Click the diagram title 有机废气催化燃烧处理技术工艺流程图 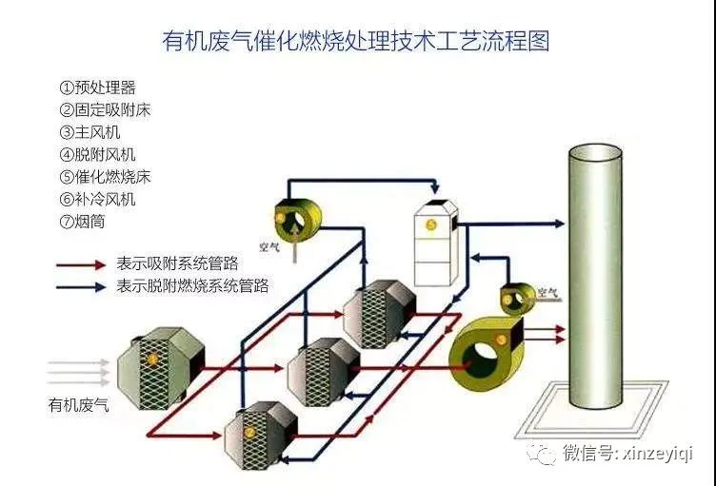(x=357, y=41)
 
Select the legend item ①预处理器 (x=97, y=87)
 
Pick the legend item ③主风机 (x=90, y=132)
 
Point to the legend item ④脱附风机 (x=97, y=154)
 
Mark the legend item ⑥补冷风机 (x=97, y=199)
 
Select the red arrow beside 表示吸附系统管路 (x=81, y=263)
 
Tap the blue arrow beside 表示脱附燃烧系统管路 (x=81, y=284)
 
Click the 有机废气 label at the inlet (x=78, y=405)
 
